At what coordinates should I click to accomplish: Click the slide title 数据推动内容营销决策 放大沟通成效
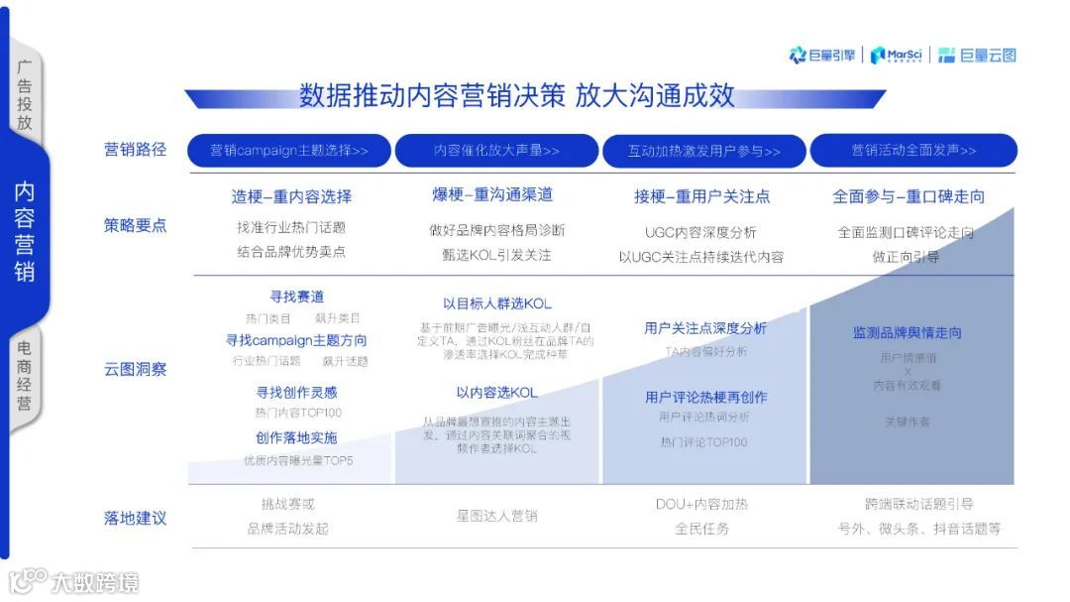pyautogui.click(x=516, y=95)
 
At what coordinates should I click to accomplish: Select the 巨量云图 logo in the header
pyautogui.click(x=977, y=56)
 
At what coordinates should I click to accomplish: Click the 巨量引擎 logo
pyautogui.click(x=822, y=56)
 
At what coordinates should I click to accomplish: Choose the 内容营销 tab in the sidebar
pyautogui.click(x=25, y=231)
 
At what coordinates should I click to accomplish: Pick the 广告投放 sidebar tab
pyautogui.click(x=25, y=95)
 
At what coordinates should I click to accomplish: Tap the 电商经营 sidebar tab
pyautogui.click(x=25, y=376)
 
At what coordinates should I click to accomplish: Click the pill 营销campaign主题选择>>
pyautogui.click(x=289, y=151)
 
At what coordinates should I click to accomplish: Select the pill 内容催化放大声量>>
pyautogui.click(x=496, y=151)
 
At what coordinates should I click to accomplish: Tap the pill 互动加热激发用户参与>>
pyautogui.click(x=704, y=151)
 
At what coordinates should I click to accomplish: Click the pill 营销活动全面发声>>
pyautogui.click(x=913, y=151)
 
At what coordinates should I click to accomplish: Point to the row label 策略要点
pyautogui.click(x=136, y=225)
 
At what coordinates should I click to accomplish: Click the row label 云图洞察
pyautogui.click(x=136, y=369)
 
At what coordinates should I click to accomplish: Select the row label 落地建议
pyautogui.click(x=136, y=518)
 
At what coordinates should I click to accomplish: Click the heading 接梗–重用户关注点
pyautogui.click(x=701, y=196)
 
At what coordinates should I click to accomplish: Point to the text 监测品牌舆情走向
pyautogui.click(x=907, y=332)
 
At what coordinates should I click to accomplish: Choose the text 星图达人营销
pyautogui.click(x=496, y=516)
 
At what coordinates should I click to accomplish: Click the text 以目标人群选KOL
pyautogui.click(x=496, y=303)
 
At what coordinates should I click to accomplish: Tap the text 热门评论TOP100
pyautogui.click(x=703, y=442)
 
